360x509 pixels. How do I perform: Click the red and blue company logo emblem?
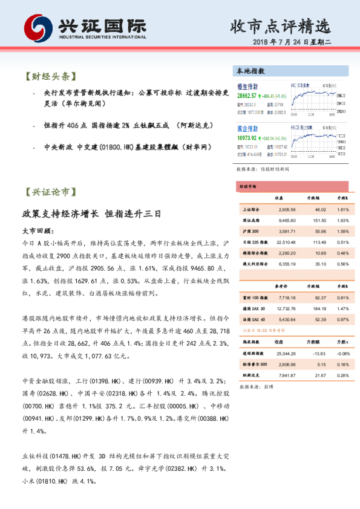[38, 27]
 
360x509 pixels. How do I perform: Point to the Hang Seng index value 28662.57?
[246, 96]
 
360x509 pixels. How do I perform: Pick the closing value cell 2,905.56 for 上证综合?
[284, 209]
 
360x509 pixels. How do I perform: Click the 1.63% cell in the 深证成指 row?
[342, 220]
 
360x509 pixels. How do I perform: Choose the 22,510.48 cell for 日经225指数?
[284, 242]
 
